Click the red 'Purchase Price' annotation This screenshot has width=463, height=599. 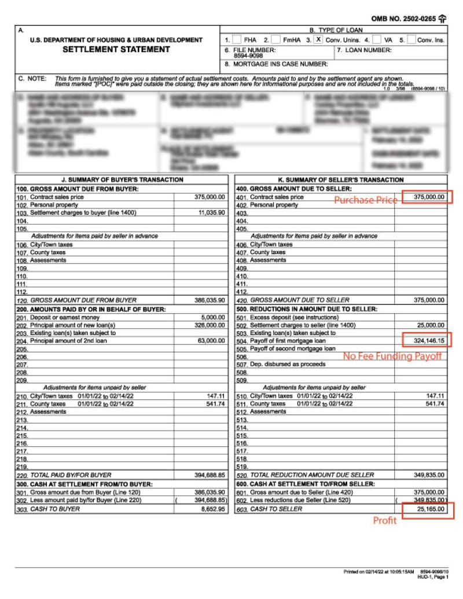[x=366, y=199]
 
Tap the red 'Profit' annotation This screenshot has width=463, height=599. [x=384, y=521]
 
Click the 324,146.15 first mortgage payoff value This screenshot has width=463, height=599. [x=425, y=341]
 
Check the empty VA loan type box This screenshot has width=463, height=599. [x=377, y=40]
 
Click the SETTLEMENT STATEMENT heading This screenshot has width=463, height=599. [x=116, y=50]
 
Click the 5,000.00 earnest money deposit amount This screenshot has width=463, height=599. [x=212, y=317]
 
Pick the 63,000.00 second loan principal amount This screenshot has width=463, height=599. [x=209, y=341]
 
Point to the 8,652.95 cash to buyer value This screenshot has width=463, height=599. [x=212, y=509]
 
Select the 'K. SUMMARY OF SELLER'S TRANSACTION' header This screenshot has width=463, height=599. [x=341, y=180]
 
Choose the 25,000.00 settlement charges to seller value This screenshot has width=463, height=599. [x=429, y=325]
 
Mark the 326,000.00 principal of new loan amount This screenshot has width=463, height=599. [x=209, y=325]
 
